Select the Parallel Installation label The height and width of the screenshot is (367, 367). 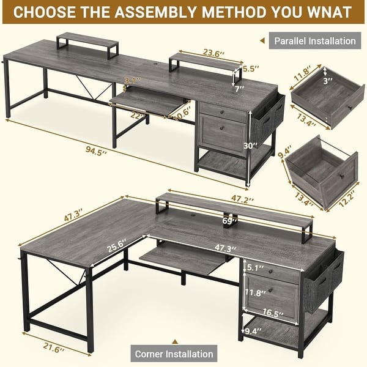click(314, 41)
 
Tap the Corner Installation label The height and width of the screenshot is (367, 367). click(174, 354)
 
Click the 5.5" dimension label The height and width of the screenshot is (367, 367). click(248, 70)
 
